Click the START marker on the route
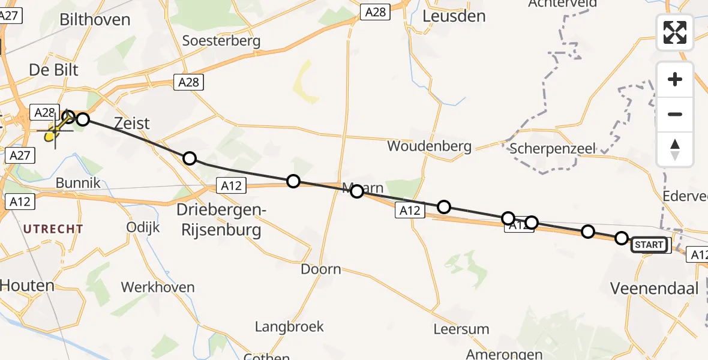649,244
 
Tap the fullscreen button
675,32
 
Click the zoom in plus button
675,79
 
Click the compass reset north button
675,149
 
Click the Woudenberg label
429,146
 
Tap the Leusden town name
454,16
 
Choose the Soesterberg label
221,41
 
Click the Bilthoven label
95,19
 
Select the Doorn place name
320,269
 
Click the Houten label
27,286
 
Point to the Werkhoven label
158,287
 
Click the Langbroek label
289,326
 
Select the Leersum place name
461,329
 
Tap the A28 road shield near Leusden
375,11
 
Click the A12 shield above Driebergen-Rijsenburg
231,186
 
